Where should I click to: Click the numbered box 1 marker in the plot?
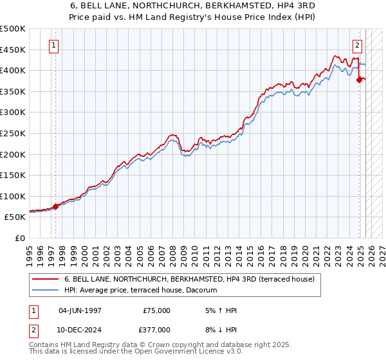click(53, 46)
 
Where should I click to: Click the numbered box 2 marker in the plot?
click(357, 46)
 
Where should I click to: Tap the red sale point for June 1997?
click(55, 206)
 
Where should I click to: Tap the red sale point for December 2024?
click(360, 80)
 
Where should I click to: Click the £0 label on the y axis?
click(20, 238)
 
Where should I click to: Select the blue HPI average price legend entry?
click(141, 291)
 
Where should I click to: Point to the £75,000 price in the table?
click(156, 310)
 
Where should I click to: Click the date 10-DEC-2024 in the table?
click(80, 329)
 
